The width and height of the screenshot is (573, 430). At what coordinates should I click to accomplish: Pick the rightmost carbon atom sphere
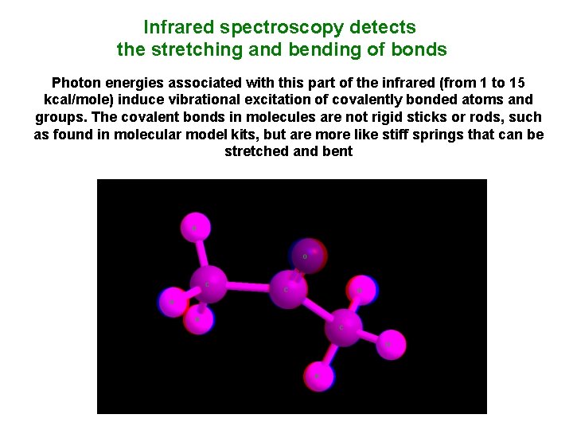(x=343, y=327)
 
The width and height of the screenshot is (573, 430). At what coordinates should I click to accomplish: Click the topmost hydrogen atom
(x=194, y=228)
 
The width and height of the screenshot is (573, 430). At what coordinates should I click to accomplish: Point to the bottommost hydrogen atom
(x=317, y=374)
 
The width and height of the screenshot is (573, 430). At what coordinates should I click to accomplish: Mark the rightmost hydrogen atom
(x=391, y=344)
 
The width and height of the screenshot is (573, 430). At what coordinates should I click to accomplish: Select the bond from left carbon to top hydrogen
(x=201, y=255)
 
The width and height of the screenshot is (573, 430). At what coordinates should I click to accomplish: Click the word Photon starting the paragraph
(x=76, y=83)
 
